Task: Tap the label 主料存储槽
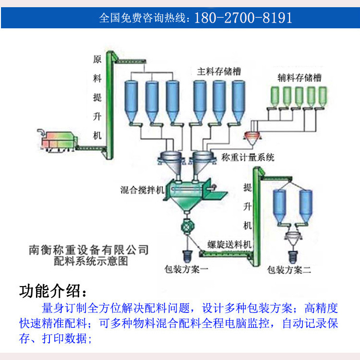point(219,71)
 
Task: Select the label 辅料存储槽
point(300,77)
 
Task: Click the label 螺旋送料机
point(229,244)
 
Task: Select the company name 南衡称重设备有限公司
point(89,251)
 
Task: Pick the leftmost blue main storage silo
point(132,101)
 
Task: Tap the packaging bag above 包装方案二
point(292,253)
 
